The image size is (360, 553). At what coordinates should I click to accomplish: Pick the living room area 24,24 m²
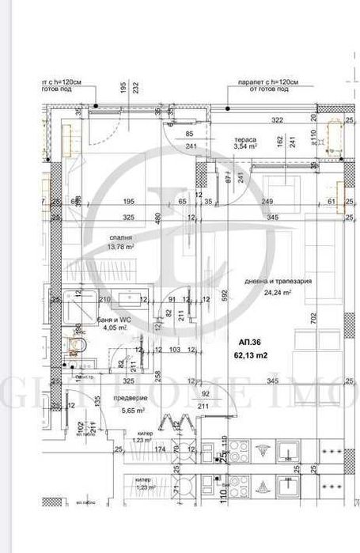[x=276, y=292]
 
